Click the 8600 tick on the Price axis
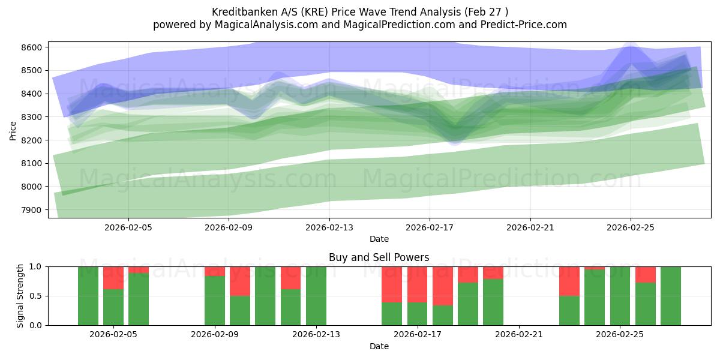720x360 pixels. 31,47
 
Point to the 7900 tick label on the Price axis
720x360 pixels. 31,210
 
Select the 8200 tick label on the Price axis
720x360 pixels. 31,140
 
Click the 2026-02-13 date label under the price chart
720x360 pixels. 329,227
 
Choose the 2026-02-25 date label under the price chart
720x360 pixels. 630,227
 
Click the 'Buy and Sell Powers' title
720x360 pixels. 379,257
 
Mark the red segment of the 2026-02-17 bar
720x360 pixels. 418,284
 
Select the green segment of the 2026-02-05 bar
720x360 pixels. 113,307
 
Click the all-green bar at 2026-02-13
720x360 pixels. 316,296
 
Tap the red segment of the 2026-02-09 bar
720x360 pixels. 215,271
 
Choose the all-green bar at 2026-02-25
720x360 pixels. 620,296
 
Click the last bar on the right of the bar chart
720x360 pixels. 671,296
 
